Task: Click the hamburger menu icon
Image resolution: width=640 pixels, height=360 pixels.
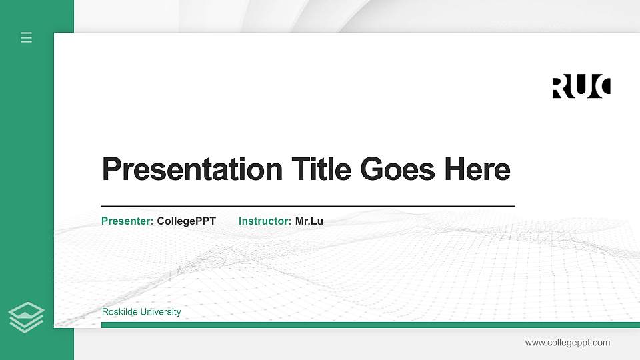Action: pos(27,37)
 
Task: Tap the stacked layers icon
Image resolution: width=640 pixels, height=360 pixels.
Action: pos(27,317)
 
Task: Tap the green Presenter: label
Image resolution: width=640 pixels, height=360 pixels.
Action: pos(127,221)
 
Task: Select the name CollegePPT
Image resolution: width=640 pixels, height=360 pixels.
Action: pos(187,221)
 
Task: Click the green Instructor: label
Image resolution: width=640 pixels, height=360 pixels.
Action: pos(265,221)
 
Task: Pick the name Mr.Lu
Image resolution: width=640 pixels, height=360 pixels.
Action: pos(309,221)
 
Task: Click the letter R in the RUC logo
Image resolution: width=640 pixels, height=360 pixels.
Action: pos(562,87)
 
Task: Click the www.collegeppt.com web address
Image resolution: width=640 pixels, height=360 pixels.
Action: pos(567,343)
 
